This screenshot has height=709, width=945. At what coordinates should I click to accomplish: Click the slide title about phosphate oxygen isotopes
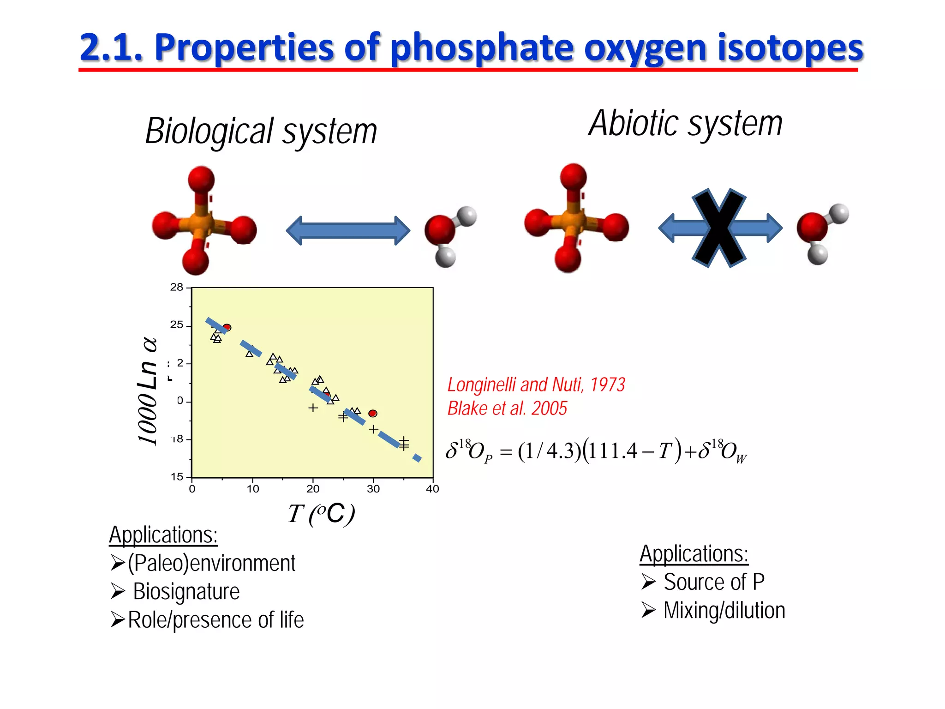point(471,47)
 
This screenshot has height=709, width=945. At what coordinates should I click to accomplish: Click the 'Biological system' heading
point(261,131)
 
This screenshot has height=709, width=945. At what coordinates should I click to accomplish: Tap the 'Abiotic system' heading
point(685,124)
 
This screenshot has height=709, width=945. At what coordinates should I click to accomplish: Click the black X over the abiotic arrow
point(718,228)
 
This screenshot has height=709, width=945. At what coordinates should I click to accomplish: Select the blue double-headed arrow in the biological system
point(348,230)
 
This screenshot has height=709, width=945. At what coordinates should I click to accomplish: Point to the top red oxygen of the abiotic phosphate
point(573,177)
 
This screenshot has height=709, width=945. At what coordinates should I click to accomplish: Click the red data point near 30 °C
point(373,413)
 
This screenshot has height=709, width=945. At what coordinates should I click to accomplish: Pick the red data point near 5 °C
point(227,327)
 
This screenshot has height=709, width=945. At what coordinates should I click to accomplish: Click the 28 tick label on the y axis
point(177,287)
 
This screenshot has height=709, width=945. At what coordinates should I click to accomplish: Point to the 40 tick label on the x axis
point(432,489)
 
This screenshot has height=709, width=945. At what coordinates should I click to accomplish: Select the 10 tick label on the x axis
point(253,489)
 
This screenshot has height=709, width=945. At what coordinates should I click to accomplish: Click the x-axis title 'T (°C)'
point(322,514)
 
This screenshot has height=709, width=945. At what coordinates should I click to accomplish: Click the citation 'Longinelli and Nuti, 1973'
point(536,385)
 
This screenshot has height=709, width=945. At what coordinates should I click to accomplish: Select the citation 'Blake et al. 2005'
point(507,409)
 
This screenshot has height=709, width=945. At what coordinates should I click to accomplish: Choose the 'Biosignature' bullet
point(186,591)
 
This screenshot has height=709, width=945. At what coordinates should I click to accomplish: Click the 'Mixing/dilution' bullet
point(724,610)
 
